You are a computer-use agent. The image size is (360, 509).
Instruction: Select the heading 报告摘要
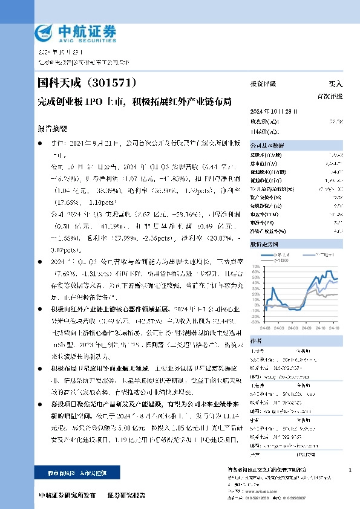pos(53,129)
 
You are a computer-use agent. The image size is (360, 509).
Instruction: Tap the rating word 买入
pos(335,84)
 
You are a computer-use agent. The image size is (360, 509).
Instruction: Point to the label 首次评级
pos(330,96)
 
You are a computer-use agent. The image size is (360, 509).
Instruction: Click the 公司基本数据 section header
pos(266,146)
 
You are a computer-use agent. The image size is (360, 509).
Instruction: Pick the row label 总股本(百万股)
pos(266,156)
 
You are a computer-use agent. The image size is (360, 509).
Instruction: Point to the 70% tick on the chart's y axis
pos(257,265)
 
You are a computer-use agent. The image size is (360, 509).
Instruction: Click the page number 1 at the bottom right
pos(350,470)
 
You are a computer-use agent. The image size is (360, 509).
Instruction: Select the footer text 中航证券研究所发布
pos(67,495)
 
